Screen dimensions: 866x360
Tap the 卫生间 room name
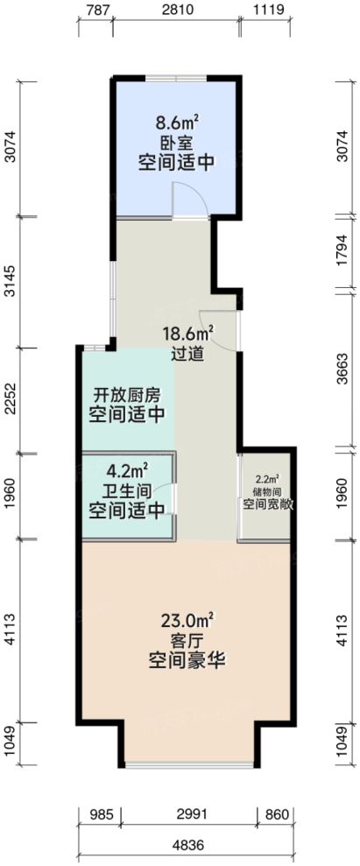tap(127, 489)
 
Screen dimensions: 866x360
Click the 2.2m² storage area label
tap(267, 480)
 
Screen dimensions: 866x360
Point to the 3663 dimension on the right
tap(343, 371)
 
